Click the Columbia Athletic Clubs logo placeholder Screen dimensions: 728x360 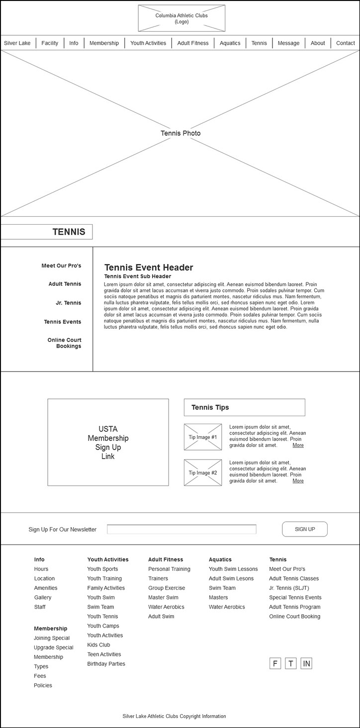[x=181, y=18]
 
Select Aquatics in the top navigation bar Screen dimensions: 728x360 [x=230, y=43]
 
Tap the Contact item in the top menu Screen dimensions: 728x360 [x=345, y=43]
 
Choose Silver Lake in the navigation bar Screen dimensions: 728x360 [x=17, y=43]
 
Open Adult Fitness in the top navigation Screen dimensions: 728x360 [x=193, y=43]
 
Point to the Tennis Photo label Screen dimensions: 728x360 [x=180, y=133]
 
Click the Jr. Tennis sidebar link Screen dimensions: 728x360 [x=68, y=303]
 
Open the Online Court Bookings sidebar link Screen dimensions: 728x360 [x=65, y=343]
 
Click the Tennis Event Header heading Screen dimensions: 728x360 [x=149, y=268]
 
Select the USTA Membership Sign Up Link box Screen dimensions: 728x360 [x=108, y=442]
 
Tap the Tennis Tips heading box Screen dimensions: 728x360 [x=244, y=407]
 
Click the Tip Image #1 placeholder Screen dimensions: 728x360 [x=203, y=437]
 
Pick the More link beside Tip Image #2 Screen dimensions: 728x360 [x=298, y=481]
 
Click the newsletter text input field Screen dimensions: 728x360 [x=181, y=529]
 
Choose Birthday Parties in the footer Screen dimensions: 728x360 [x=106, y=664]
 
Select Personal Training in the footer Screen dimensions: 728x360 [x=169, y=569]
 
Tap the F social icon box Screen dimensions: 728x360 [x=275, y=663]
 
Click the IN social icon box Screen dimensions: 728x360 [x=306, y=663]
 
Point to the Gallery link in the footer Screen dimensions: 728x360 [x=43, y=597]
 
